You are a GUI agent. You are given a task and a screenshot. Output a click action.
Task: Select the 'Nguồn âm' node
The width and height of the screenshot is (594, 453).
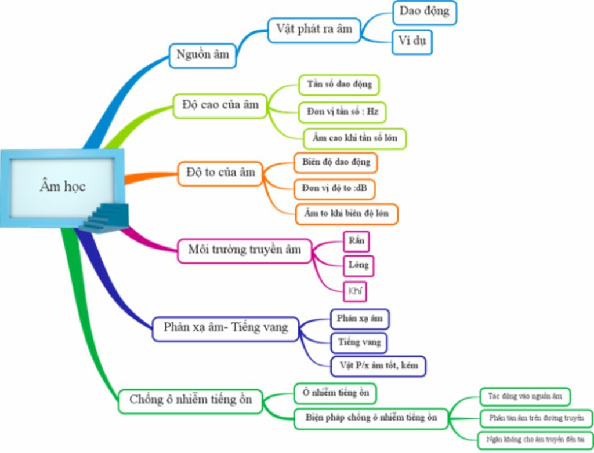202,56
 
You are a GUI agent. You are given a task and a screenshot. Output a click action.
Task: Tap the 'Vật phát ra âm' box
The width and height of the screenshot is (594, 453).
314,30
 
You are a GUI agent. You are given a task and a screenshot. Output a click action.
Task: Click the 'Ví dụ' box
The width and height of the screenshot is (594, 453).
411,42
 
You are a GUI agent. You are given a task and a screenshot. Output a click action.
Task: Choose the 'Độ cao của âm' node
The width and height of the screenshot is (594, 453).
220,105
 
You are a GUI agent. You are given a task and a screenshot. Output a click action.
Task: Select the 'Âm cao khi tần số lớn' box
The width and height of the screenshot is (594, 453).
355,138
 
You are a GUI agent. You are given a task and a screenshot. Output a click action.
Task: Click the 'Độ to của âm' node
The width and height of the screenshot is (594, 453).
220,173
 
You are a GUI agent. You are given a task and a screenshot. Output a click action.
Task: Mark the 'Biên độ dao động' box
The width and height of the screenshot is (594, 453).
336,162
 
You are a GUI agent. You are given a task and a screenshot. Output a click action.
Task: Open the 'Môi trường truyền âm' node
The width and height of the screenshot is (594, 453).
244,250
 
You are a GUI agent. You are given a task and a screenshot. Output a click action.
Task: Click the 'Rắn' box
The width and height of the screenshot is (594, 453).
356,240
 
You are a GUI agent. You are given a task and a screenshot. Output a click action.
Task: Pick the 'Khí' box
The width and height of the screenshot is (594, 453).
355,291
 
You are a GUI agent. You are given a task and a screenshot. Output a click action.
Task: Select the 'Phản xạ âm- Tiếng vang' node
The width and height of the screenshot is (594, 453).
225,327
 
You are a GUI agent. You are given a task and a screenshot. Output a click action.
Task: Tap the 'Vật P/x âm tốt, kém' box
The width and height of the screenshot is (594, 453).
378,366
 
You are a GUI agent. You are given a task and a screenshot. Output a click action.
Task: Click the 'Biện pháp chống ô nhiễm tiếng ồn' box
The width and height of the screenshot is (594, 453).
371,417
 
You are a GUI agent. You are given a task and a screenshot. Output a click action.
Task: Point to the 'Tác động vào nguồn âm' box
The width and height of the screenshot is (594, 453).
525,397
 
